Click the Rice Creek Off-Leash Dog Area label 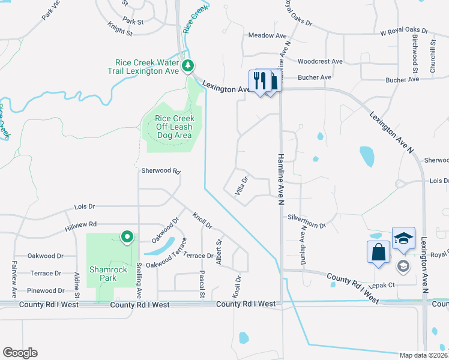[175, 127]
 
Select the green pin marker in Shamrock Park [127, 238]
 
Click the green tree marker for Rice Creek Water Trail [188, 65]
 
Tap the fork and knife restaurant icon [260, 81]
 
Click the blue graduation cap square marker [403, 238]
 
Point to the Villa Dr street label [241, 185]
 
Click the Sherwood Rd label [161, 170]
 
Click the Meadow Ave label [268, 35]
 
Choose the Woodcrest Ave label [320, 61]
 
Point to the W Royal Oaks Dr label [404, 30]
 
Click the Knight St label [120, 29]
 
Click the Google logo [20, 353]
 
